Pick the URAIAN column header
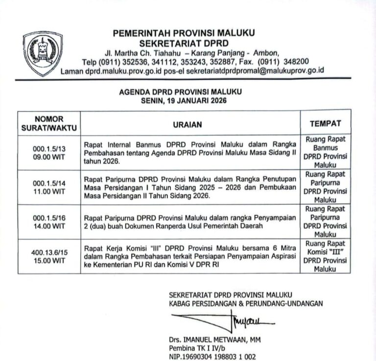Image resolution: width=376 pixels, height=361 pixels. [x=187, y=125]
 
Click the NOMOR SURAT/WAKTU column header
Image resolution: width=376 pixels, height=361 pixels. [x=49, y=124]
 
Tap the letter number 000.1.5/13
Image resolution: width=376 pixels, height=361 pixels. [x=49, y=147]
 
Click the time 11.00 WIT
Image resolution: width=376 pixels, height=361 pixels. [x=49, y=191]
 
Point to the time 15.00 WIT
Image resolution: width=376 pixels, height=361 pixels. [x=49, y=261]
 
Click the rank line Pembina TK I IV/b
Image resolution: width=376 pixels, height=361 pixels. [x=198, y=348]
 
